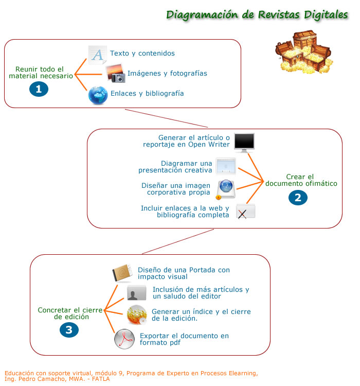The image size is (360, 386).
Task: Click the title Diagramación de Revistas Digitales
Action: pos(257,14)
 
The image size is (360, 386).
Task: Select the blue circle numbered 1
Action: pos(39,89)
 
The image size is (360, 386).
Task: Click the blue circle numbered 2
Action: pos(298,197)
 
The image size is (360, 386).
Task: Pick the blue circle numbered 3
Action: pos(69,330)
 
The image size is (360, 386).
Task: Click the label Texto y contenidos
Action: pos(142,54)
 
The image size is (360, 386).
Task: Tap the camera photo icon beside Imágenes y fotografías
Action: pos(115,74)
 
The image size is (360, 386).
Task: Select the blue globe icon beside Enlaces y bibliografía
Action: pos(98,95)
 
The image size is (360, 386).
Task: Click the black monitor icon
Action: pos(244,142)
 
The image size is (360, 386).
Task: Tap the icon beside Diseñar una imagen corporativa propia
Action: pos(225,189)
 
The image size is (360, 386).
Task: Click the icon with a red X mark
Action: pos(245,212)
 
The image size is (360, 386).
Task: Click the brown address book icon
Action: pos(122,273)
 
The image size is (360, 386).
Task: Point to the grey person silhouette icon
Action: pos(137,293)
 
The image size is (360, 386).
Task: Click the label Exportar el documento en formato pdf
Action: pos(184,339)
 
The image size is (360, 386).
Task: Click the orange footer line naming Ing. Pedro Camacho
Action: pos(57,379)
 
